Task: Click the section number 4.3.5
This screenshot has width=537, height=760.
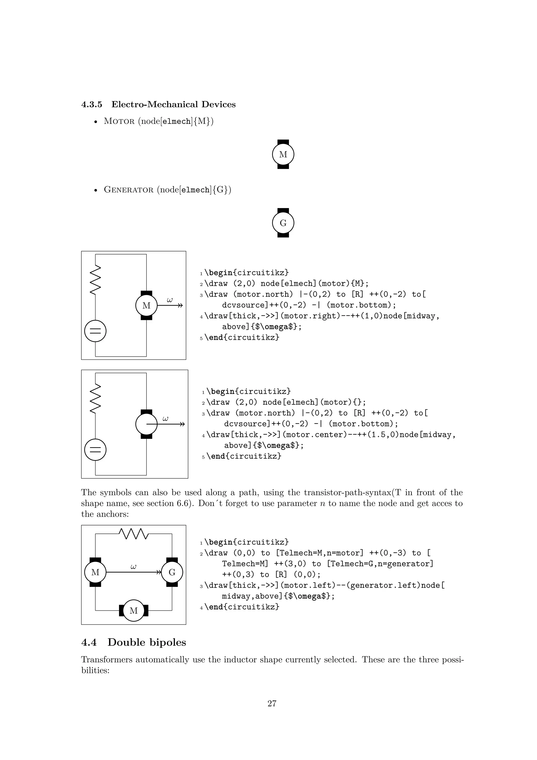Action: pos(92,105)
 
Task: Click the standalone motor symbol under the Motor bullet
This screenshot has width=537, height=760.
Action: pos(283,154)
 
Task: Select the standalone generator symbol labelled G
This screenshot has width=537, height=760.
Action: pos(283,223)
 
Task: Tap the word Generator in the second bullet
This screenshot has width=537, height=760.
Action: pos(129,190)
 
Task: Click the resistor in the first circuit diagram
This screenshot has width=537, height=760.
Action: pos(95,280)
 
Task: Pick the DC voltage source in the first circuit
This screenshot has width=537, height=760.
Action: pos(95,331)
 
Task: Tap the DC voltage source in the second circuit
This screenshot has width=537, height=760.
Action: pos(95,450)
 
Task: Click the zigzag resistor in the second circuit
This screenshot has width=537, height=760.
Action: pos(95,399)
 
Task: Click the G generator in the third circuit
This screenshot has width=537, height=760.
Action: pos(172,572)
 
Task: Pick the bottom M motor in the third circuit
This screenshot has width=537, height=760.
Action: pos(133,611)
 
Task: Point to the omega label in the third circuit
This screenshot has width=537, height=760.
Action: pos(133,567)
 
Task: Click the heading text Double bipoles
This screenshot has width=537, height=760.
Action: pos(147,642)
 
